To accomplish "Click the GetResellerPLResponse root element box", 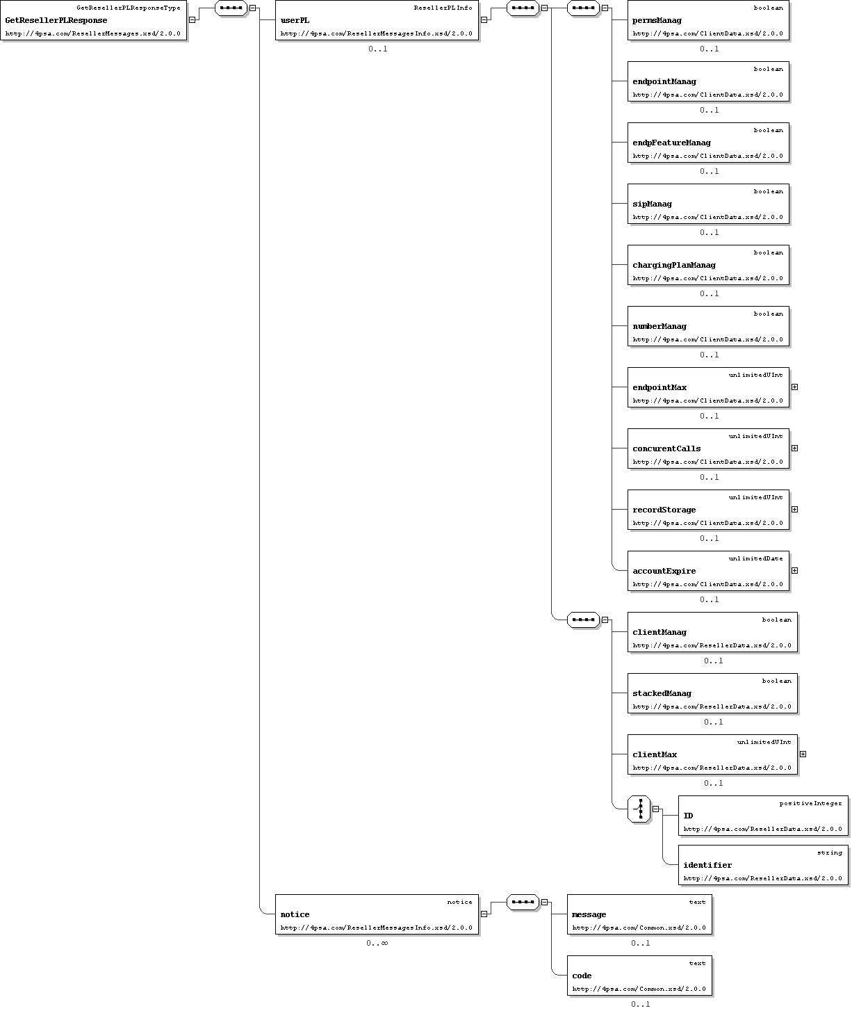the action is (93, 20).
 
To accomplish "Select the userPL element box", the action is (377, 20).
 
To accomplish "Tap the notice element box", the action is (377, 914).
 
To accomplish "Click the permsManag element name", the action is (657, 20).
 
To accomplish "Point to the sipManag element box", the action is (708, 204).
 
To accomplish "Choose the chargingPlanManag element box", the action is (708, 265).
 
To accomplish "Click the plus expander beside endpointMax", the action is (794, 387).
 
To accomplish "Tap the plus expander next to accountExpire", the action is (794, 570).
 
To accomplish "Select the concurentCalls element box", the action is (708, 448).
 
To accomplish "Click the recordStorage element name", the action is (664, 510).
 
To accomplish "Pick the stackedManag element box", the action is (712, 693).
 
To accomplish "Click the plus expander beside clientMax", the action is (803, 754).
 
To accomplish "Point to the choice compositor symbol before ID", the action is (639, 809).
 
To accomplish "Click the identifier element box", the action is (764, 865).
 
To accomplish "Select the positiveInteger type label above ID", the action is (810, 803).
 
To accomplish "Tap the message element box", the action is (639, 914).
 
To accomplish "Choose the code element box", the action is (639, 976).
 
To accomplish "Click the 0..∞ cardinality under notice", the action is (377, 943).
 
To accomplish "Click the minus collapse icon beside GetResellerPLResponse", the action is (192, 20).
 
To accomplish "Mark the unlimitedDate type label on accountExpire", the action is (755, 558).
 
